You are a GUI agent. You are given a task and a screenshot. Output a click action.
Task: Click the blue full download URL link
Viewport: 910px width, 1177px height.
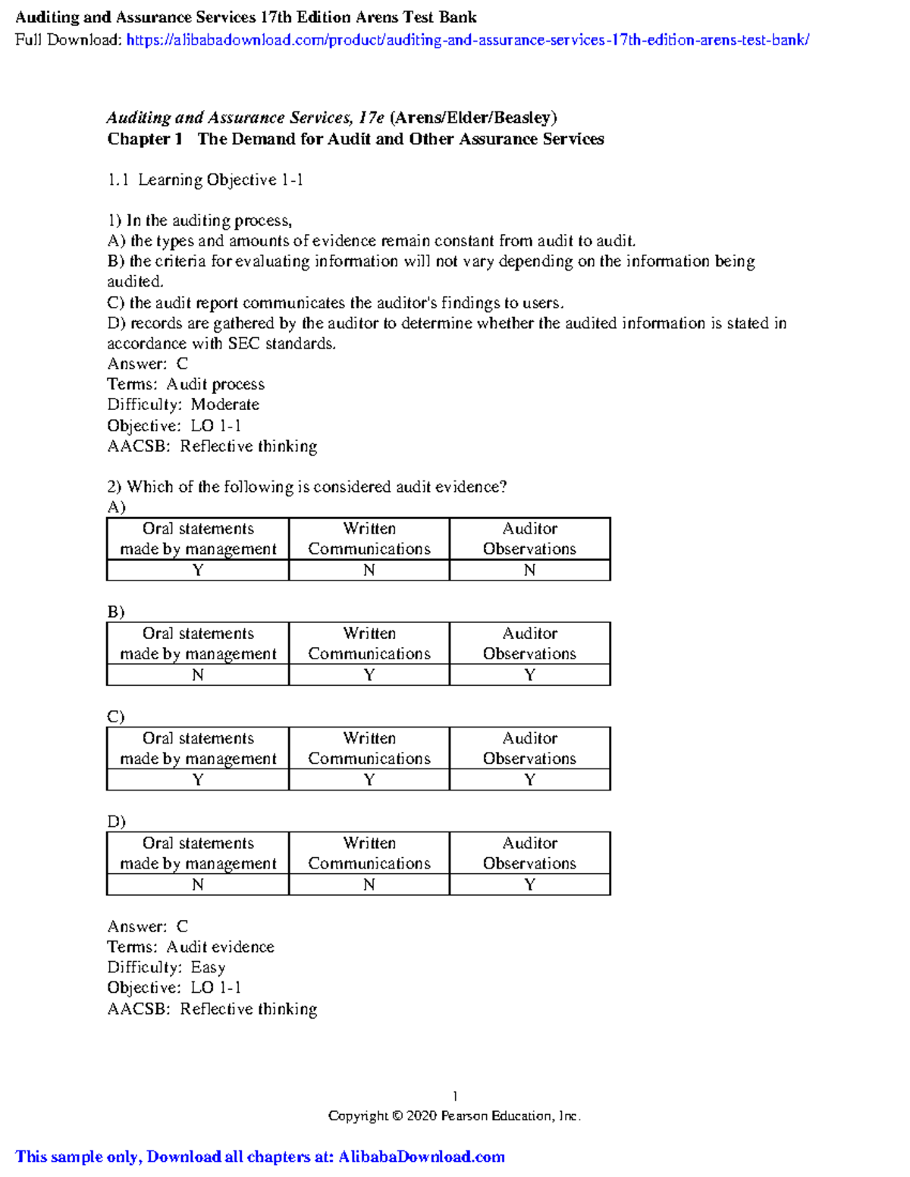pos(467,40)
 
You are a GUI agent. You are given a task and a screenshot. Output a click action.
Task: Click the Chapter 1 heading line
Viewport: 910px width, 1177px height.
pos(355,139)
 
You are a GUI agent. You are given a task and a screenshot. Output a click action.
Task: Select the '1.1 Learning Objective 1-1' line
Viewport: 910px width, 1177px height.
pos(205,180)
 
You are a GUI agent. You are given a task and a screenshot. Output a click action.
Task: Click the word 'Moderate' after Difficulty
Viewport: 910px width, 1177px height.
pos(224,405)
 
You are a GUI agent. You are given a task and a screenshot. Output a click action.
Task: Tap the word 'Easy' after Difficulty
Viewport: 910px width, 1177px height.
pos(208,968)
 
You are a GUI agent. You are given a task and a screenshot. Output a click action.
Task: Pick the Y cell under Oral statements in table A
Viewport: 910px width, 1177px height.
pos(198,570)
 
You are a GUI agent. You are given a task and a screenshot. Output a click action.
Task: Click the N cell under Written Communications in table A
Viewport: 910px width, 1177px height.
pos(369,570)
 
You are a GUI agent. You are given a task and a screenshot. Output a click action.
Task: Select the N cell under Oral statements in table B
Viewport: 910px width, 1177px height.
pos(198,675)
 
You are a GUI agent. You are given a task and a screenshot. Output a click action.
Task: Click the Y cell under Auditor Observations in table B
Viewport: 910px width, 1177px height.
pos(529,675)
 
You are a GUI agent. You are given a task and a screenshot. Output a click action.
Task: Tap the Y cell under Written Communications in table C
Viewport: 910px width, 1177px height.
pos(369,780)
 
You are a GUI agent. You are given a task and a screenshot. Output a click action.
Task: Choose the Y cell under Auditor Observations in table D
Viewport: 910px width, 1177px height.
pos(529,884)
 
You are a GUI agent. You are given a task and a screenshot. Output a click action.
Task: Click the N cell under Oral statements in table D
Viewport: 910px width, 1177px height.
pos(198,884)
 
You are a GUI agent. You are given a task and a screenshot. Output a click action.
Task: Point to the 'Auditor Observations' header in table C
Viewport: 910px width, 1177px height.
pos(529,748)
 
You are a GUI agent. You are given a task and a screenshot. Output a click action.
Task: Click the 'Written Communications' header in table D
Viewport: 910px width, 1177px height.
pos(369,853)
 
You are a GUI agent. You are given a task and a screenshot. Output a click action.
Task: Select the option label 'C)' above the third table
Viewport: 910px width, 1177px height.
pos(115,717)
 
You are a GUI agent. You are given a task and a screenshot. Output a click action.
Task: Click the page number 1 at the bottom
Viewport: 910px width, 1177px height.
pos(454,1096)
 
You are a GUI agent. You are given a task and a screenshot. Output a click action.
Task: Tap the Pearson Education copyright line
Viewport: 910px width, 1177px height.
pos(454,1116)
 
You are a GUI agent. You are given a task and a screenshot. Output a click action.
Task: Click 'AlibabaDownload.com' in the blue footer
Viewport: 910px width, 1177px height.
pos(421,1157)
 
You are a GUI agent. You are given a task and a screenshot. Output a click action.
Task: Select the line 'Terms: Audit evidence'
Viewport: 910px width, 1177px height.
pos(190,947)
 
